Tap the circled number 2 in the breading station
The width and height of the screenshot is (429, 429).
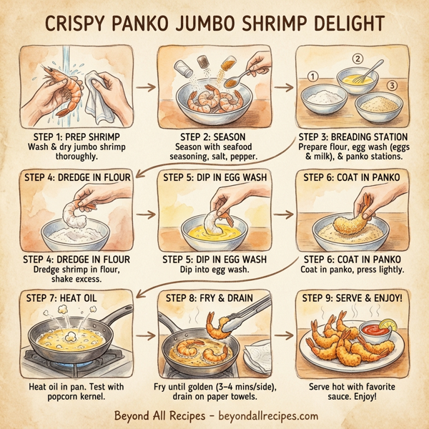(x=358, y=59)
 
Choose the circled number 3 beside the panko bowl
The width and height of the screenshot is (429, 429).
(x=392, y=86)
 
